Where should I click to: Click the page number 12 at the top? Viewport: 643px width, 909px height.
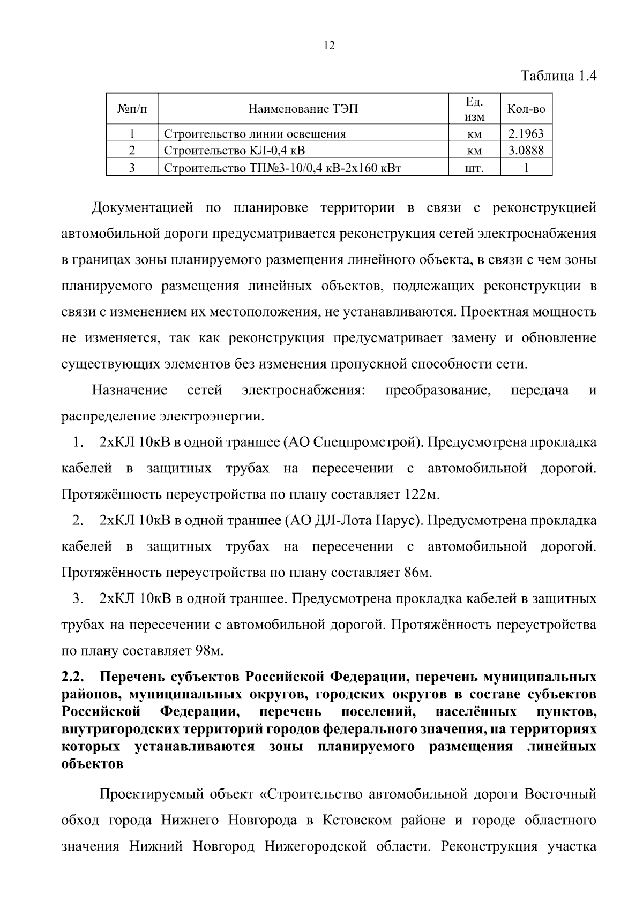point(330,46)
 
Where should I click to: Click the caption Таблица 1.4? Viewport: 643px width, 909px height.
point(559,76)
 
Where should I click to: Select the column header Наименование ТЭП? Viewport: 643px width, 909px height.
point(303,109)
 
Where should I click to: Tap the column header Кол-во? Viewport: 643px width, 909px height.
point(526,109)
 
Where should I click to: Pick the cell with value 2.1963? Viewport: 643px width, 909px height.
point(526,133)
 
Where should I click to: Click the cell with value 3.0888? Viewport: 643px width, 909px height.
point(526,151)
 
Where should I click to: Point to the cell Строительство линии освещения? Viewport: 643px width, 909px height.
point(255,133)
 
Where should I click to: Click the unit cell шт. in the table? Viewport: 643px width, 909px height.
point(474,169)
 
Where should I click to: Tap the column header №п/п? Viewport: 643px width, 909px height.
point(132,109)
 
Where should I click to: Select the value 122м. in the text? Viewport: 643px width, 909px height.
point(421,494)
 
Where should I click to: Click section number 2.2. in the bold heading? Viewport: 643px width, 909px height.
point(71,677)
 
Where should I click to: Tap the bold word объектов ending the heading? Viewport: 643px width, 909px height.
point(92,764)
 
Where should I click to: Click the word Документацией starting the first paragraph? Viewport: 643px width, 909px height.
point(142,208)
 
